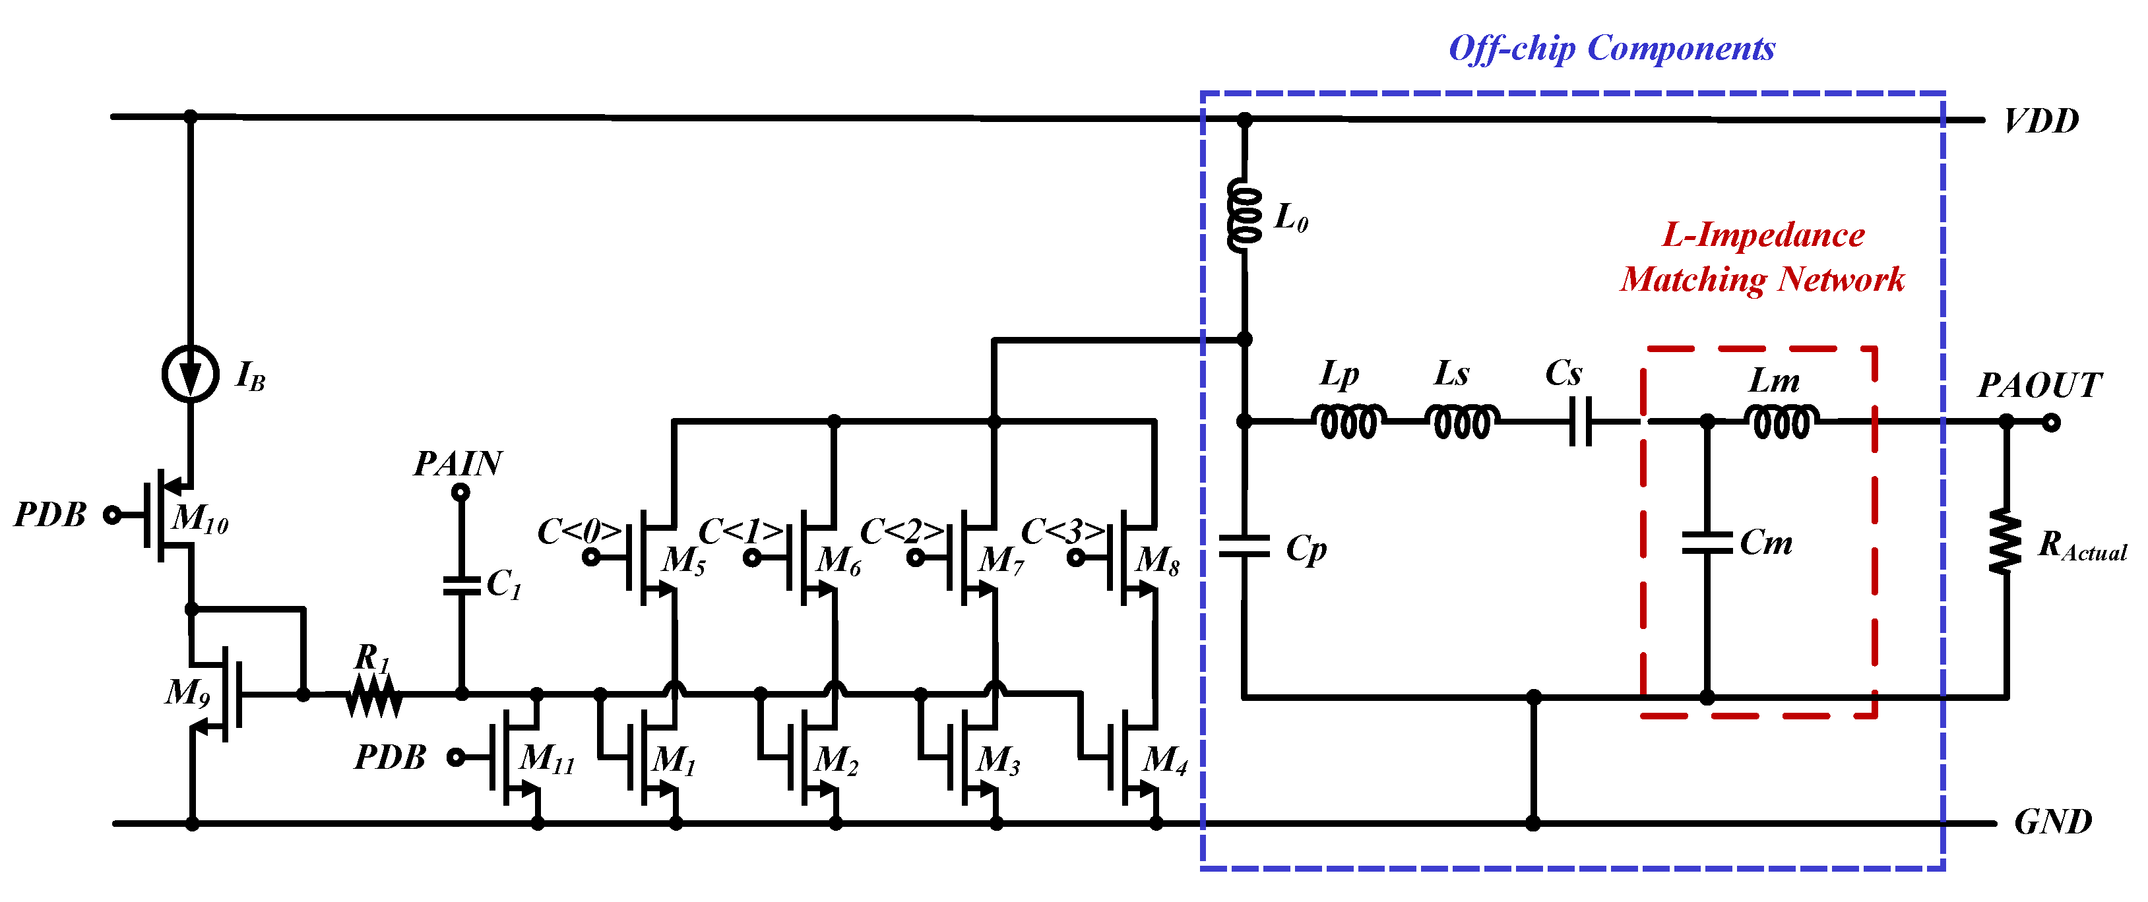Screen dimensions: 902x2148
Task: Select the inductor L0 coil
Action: pos(1244,216)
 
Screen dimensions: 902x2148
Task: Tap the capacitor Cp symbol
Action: pos(1244,548)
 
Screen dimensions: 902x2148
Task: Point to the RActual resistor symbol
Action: pos(2006,543)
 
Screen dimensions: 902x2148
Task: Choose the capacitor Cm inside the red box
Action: pos(1706,543)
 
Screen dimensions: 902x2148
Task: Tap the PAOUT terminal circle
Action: pos(2051,423)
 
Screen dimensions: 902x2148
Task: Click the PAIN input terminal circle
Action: pos(460,493)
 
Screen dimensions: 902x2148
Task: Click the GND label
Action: pos(2052,823)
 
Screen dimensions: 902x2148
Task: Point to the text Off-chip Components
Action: pos(1611,48)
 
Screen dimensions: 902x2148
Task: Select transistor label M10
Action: pos(200,520)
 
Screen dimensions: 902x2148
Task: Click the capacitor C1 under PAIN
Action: pos(461,586)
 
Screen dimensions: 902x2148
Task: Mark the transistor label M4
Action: pos(1164,760)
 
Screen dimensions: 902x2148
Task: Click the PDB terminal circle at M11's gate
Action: pos(455,757)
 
